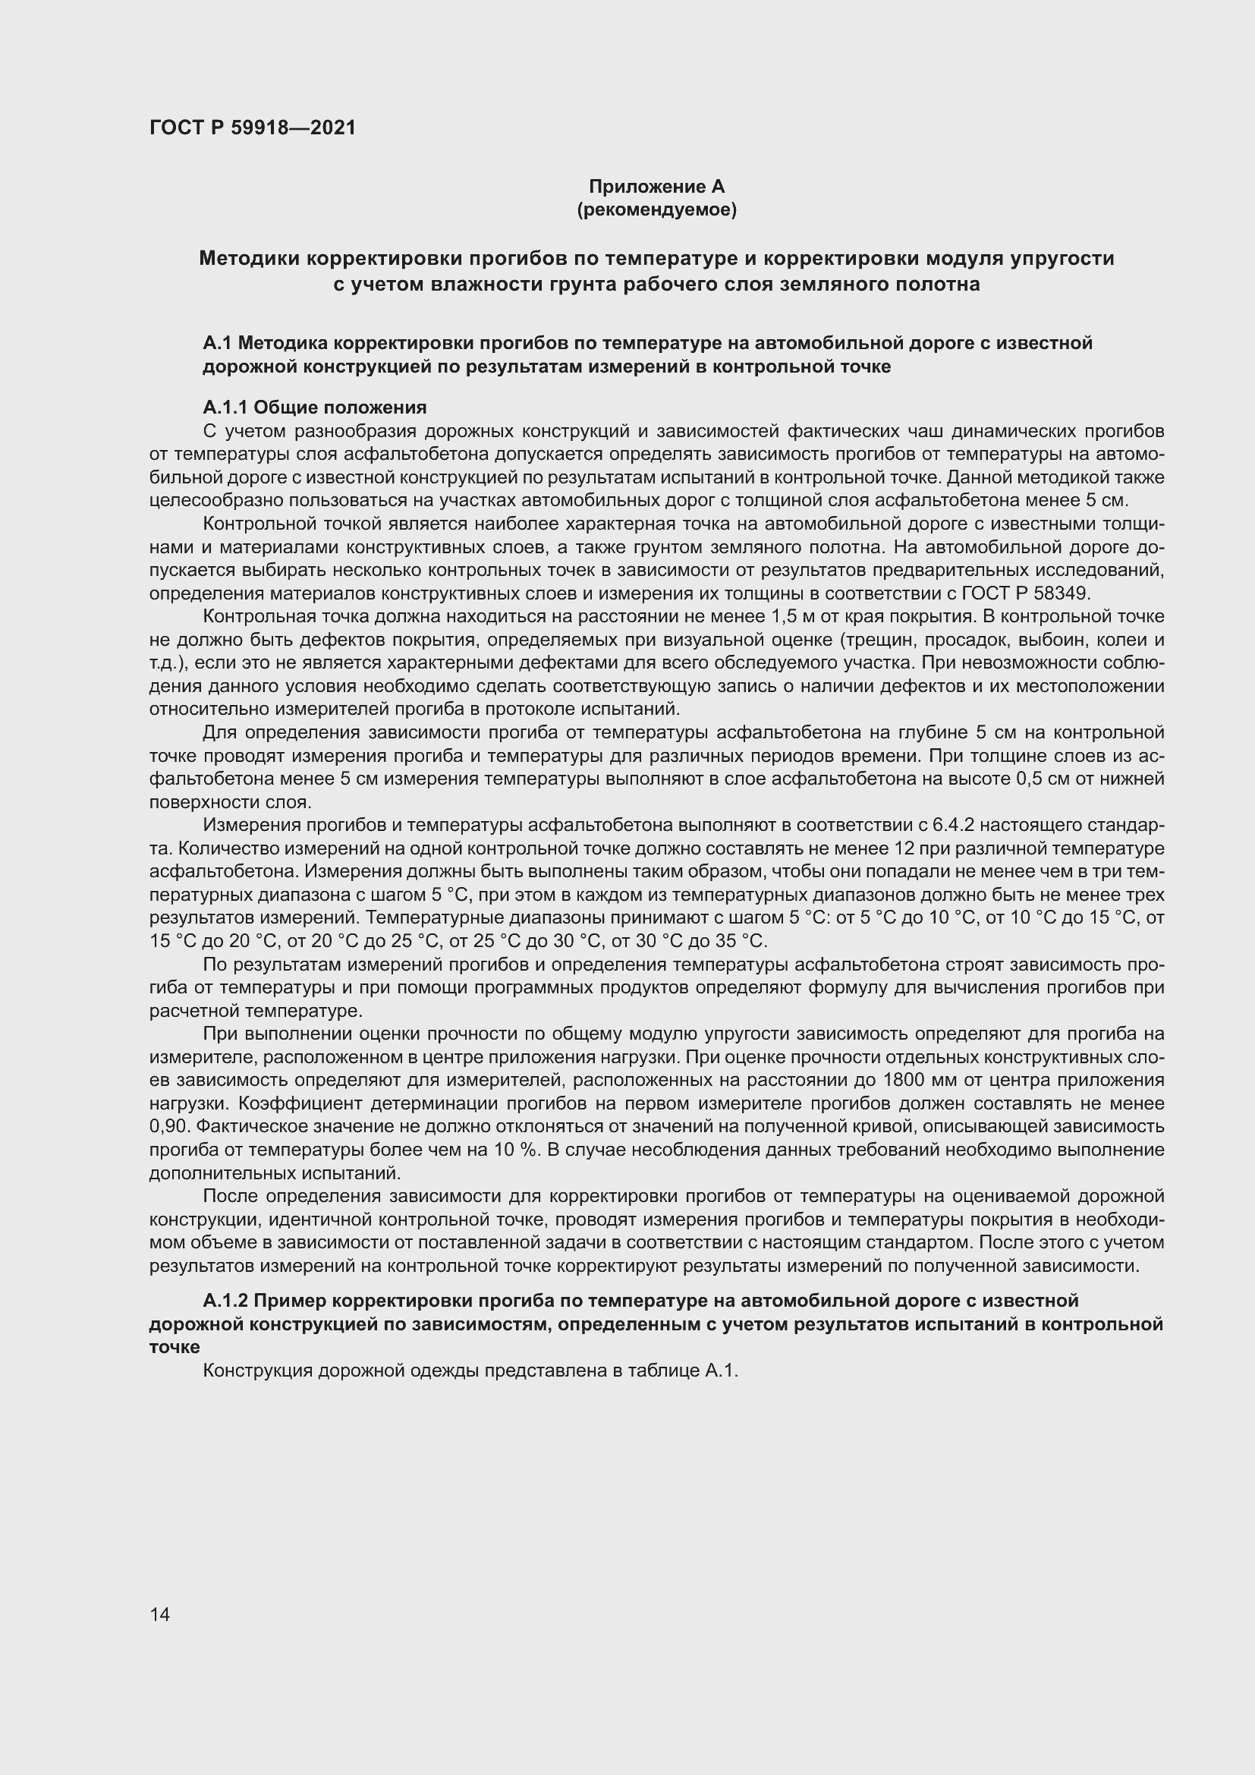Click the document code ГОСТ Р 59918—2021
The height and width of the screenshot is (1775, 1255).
tap(253, 127)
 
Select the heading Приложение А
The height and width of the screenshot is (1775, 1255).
tap(656, 187)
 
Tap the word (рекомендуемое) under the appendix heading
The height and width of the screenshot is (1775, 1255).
tap(656, 209)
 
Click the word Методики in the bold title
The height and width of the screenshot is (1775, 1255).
tap(249, 258)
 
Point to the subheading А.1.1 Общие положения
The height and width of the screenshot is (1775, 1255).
tap(315, 408)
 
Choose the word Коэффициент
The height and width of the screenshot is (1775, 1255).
tap(258, 1104)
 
